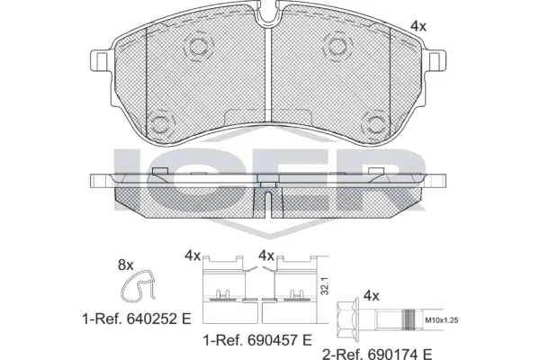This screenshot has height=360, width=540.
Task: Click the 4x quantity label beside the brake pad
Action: click(x=418, y=26)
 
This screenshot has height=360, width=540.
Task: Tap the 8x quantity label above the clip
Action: click(x=126, y=265)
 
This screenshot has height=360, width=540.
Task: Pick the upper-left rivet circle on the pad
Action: click(x=198, y=47)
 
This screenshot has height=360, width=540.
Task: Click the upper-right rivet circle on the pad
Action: click(x=337, y=47)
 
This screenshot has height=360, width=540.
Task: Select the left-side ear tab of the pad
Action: click(x=101, y=60)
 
